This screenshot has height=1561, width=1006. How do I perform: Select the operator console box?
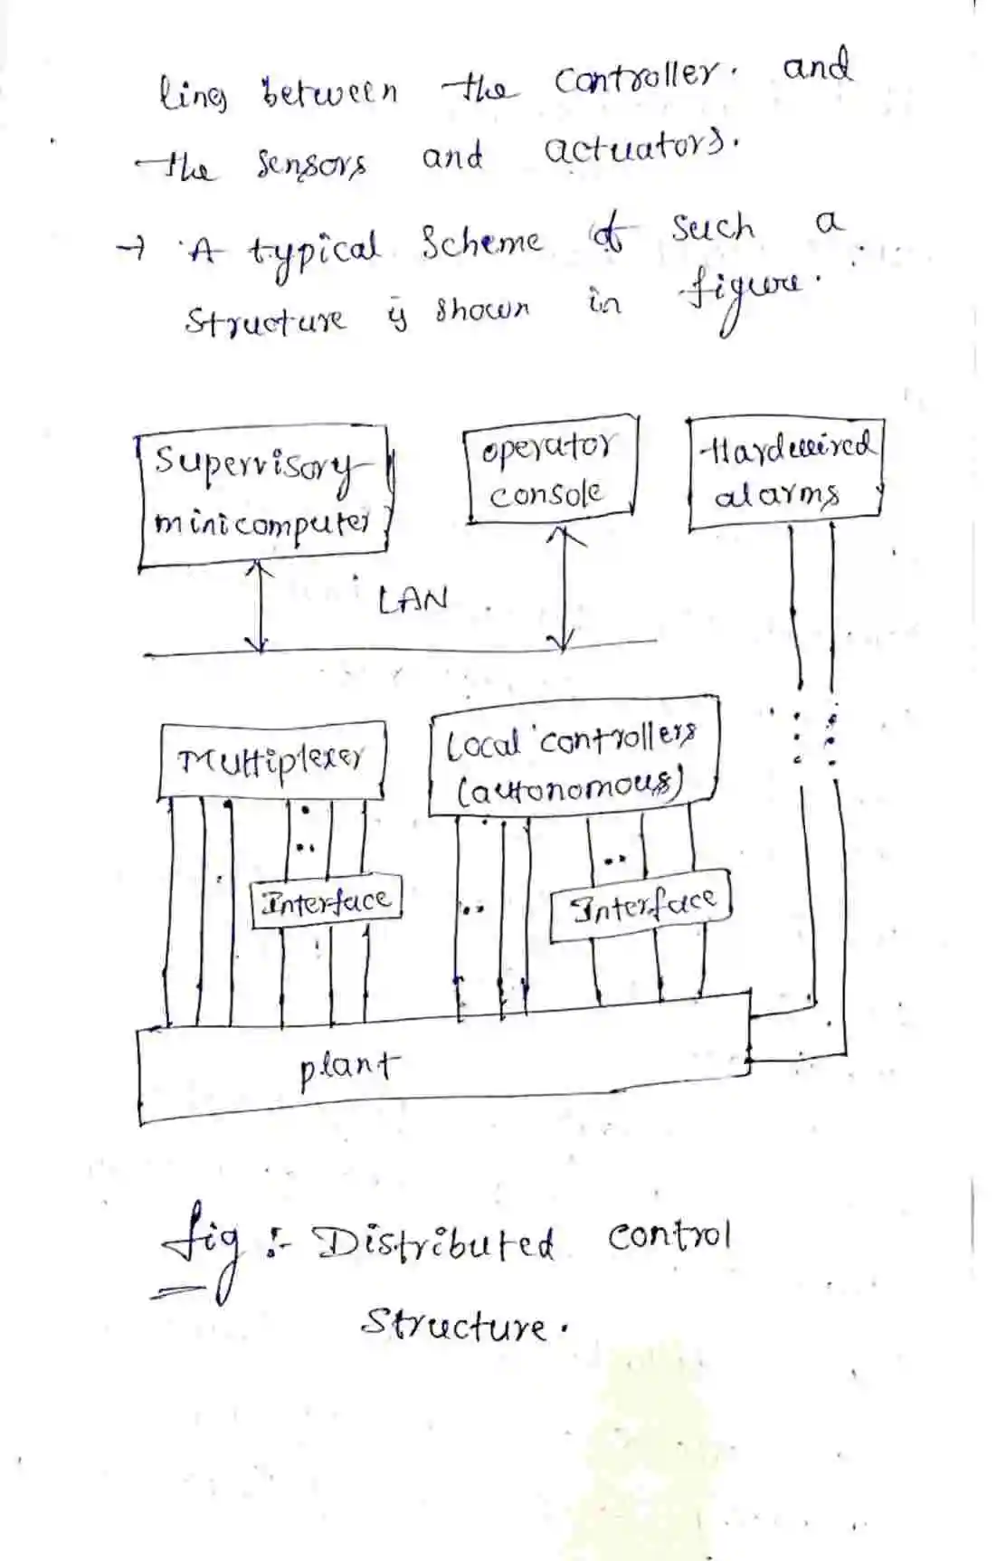[550, 471]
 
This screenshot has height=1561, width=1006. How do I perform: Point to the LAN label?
[413, 599]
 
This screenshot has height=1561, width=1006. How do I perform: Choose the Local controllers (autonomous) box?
[574, 757]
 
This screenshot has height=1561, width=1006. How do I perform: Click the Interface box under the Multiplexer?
[326, 901]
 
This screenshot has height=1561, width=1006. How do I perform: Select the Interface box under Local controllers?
[641, 904]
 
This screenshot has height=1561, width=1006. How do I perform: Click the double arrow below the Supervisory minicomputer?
[260, 606]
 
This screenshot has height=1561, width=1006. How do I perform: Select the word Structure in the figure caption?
[454, 1325]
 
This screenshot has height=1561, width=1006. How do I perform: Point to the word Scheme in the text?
[480, 242]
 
